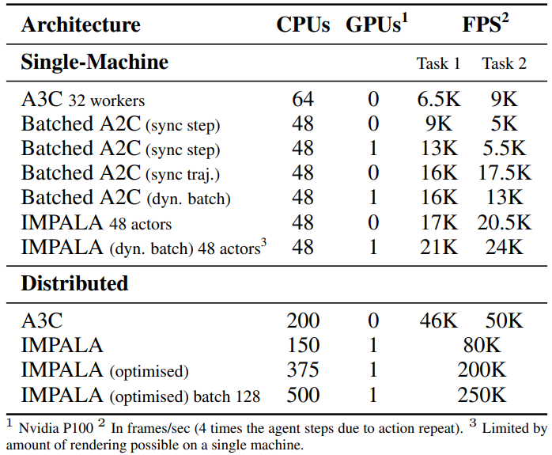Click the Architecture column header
[81, 25]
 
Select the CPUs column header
[303, 25]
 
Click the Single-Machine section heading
[95, 62]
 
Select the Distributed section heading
[74, 282]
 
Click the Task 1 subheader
[438, 63]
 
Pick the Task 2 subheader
[504, 63]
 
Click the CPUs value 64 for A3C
[302, 99]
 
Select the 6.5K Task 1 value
[438, 99]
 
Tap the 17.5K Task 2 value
[504, 173]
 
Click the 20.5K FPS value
[504, 222]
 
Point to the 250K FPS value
[481, 395]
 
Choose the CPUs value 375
[303, 370]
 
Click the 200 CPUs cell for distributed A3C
[303, 320]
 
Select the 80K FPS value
[481, 346]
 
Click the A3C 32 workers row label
[83, 100]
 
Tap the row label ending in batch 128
[140, 395]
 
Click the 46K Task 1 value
[438, 320]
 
